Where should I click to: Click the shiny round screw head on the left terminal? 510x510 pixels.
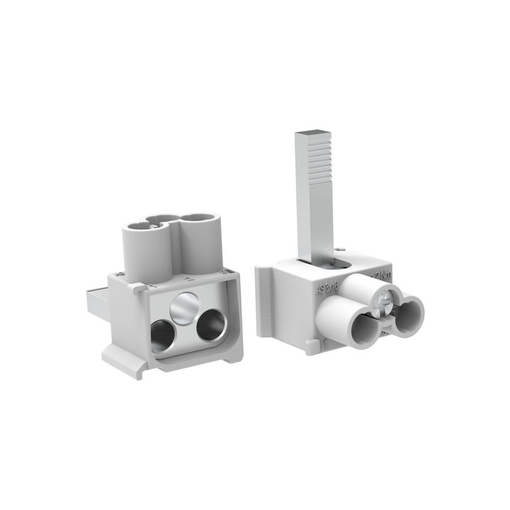coord(184,308)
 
